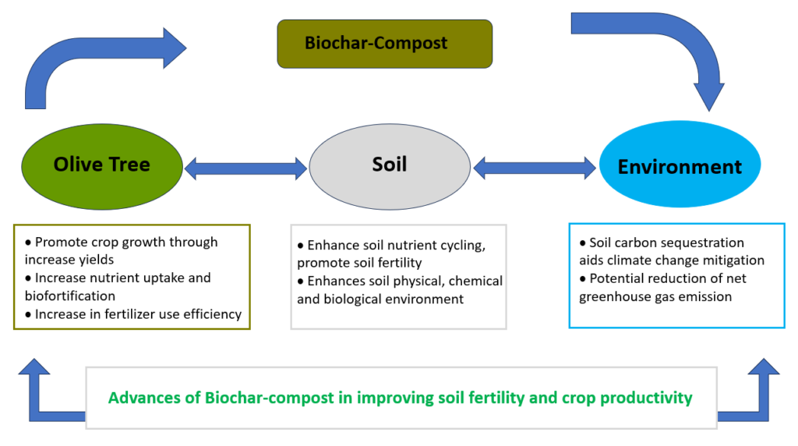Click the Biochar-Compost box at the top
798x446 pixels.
pos(385,44)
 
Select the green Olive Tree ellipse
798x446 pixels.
pos(102,167)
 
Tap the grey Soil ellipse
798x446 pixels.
pos(390,167)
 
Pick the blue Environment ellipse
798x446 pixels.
pos(680,164)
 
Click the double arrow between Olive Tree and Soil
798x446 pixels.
pos(245,168)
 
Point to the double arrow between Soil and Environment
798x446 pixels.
pos(535,168)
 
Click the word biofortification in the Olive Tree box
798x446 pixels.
pos(70,296)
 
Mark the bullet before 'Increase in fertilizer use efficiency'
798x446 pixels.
pos(28,315)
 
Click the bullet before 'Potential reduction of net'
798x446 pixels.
pos(583,279)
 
